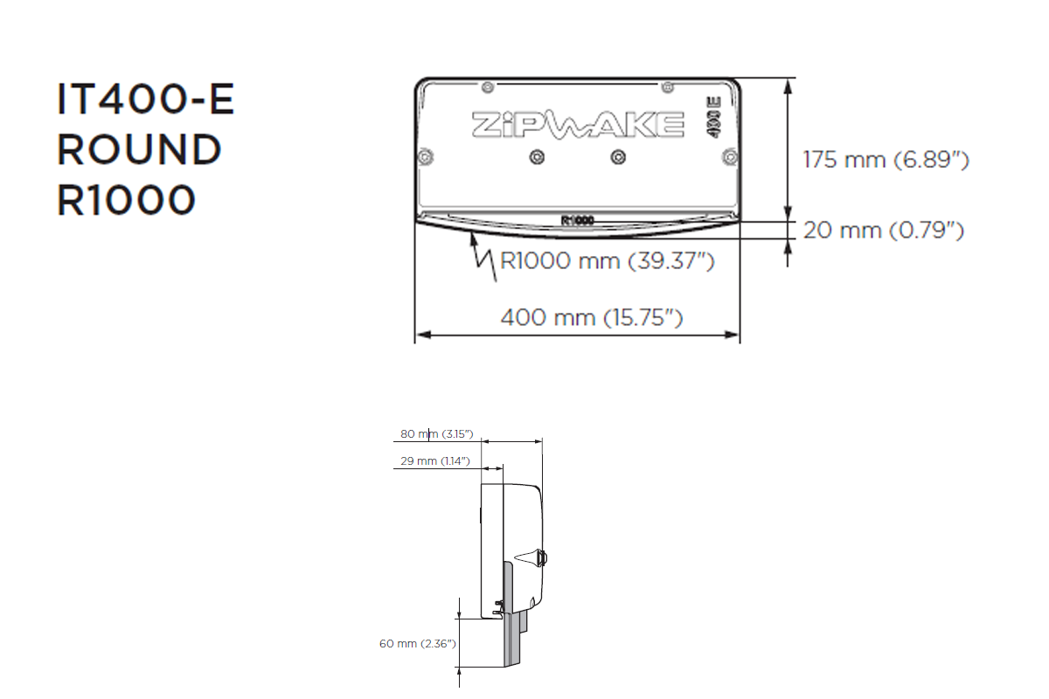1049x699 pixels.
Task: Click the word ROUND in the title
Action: [139, 150]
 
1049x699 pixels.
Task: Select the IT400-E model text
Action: [146, 100]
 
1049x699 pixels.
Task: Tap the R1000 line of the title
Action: [126, 201]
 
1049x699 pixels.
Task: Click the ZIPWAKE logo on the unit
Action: [578, 124]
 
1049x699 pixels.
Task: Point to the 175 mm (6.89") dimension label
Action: [886, 160]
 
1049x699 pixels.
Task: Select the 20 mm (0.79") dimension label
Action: [883, 231]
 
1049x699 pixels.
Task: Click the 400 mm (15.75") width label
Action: [591, 317]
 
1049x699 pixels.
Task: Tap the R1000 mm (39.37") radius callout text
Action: [607, 260]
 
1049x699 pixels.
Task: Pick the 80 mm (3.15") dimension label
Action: [436, 434]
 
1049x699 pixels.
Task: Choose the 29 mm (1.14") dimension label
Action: [435, 460]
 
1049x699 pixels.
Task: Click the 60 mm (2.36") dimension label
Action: [417, 644]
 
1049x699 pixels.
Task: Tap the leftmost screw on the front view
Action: [425, 156]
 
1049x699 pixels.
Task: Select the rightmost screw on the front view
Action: [728, 156]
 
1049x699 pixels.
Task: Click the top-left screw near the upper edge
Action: [487, 86]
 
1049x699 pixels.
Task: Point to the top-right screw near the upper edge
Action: [667, 86]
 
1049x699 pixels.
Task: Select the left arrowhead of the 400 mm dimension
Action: [420, 335]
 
